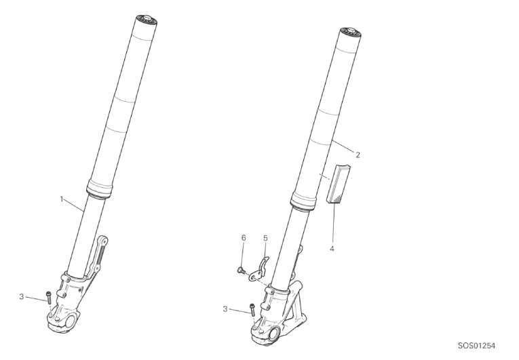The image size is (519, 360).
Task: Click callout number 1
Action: pyautogui.click(x=62, y=199)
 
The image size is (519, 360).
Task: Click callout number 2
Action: pyautogui.click(x=358, y=155)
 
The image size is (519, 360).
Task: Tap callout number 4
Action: pyautogui.click(x=332, y=248)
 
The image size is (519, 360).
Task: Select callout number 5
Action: pyautogui.click(x=265, y=238)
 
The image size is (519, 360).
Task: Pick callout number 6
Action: pyautogui.click(x=244, y=238)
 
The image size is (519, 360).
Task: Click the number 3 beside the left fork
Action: pyautogui.click(x=22, y=297)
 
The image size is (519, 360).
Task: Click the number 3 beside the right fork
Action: pyautogui.click(x=225, y=309)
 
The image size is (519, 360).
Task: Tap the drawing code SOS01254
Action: pyautogui.click(x=477, y=346)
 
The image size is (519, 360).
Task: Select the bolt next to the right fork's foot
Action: pyautogui.click(x=252, y=310)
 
